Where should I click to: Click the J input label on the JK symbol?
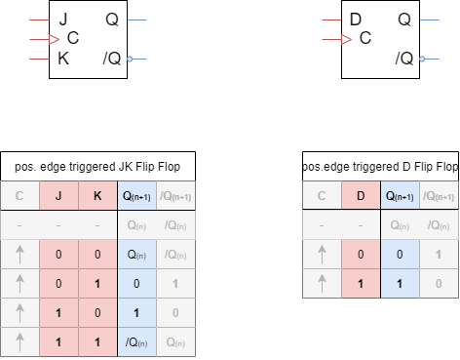tap(62, 20)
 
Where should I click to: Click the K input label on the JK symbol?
tap(63, 60)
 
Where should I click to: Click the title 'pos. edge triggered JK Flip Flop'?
tap(97, 167)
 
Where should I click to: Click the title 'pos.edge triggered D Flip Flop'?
tap(380, 167)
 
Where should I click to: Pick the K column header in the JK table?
tap(96, 196)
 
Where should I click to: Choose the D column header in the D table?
tap(360, 196)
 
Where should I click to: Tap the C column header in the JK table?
tap(20, 196)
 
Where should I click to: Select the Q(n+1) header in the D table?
tap(398, 196)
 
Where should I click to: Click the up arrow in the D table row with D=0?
tap(322, 255)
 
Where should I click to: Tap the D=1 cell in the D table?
tap(360, 284)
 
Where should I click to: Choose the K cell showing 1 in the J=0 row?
tap(96, 284)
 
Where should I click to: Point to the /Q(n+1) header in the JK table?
tap(175, 196)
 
